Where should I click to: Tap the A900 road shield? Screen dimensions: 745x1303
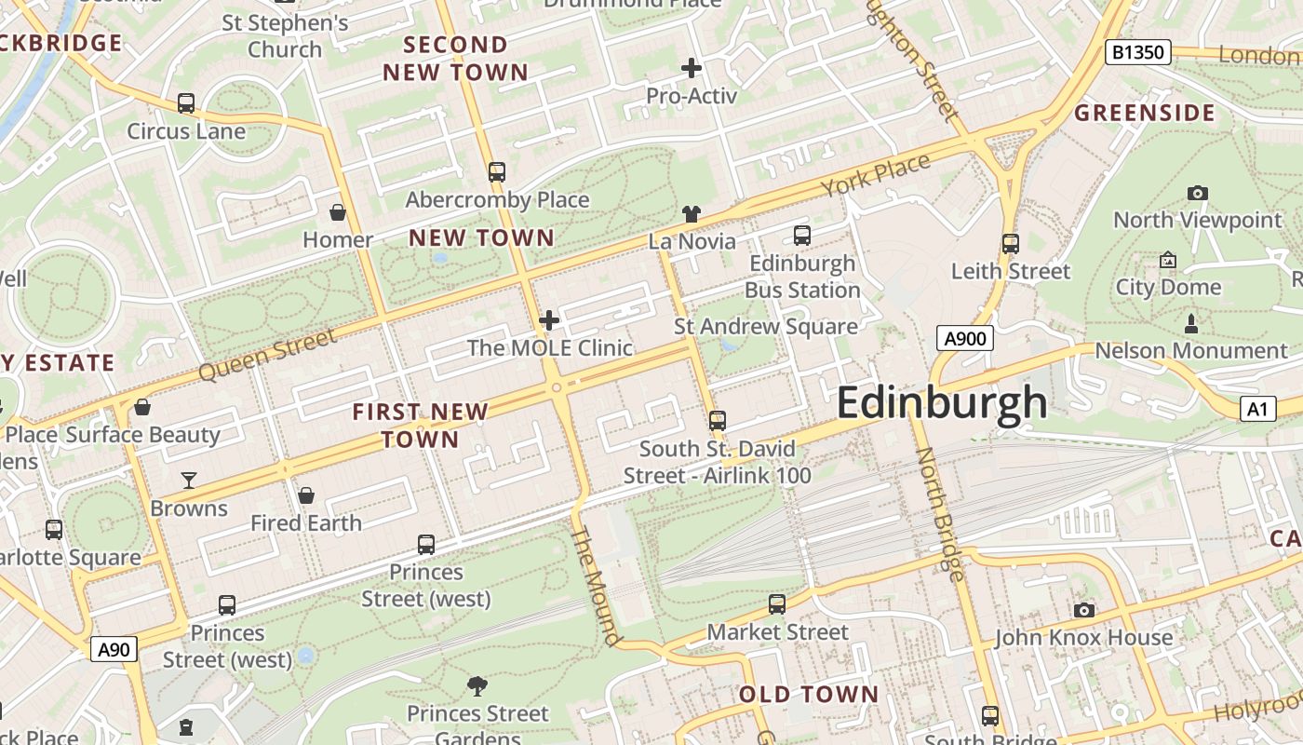[964, 339]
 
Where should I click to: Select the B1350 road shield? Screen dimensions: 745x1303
[1137, 52]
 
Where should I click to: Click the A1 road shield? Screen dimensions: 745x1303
[1257, 408]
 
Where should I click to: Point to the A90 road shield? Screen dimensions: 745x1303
[114, 649]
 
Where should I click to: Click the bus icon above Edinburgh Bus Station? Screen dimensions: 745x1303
[801, 236]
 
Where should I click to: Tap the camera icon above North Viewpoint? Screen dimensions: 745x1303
[1198, 194]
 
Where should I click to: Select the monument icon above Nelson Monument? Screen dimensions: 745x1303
[1190, 324]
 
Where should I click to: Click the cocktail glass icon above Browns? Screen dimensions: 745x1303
[189, 481]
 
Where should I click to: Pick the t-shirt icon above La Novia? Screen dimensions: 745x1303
[691, 214]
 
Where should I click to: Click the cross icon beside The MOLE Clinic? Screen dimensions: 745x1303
[549, 321]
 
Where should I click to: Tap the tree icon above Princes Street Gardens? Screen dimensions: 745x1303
[477, 687]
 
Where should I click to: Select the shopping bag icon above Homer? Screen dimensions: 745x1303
[338, 213]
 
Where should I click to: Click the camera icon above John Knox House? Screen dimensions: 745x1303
[1083, 611]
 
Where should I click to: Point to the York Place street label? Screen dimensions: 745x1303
[875, 175]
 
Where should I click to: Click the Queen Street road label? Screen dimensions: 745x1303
[267, 355]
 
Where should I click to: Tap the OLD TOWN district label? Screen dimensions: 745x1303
[808, 694]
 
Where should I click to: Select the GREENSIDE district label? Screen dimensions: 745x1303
[1145, 114]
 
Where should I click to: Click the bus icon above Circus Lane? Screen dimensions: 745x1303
[186, 103]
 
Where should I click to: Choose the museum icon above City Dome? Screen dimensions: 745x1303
[1167, 260]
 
